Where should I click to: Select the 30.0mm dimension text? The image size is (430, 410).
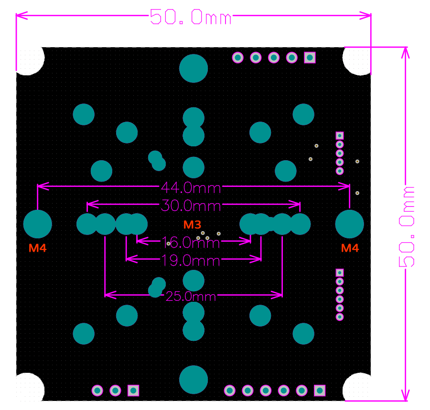pos(191,205)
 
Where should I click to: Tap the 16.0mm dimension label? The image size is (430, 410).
pos(191,243)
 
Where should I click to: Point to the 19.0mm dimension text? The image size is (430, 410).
pos(191,260)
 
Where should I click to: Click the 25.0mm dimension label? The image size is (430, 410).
pos(191,297)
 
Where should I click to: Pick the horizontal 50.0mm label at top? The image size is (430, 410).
pos(191,18)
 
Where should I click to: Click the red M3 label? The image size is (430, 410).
pos(192,224)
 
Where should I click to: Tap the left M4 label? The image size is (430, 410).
pos(38,248)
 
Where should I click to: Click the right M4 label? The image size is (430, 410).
pos(350,248)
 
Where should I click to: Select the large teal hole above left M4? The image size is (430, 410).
pos(38,224)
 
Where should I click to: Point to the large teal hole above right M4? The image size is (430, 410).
pos(350,224)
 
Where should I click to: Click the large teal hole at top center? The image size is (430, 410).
pos(193,68)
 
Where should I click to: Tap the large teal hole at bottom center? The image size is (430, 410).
pos(193,379)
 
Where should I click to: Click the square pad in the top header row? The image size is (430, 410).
pos(310,58)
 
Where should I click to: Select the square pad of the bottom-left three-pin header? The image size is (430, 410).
pos(133,390)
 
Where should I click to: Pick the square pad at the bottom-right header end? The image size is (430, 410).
pos(320,390)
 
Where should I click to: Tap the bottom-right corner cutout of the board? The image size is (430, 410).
pos(357,387)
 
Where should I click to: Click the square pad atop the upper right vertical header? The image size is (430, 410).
pos(340,135)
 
